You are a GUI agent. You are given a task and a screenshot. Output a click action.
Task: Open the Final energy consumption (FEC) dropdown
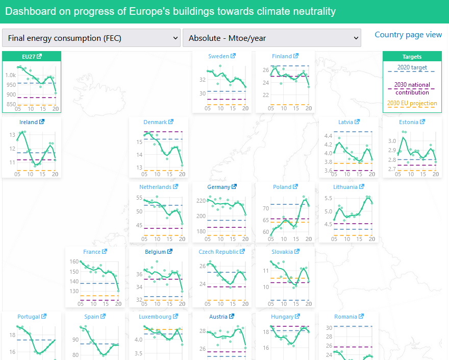click(x=91, y=38)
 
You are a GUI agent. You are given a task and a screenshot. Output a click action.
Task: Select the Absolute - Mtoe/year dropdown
click(x=271, y=38)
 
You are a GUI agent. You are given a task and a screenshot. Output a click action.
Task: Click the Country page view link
click(x=408, y=35)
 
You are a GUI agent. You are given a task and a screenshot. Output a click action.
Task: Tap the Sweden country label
click(x=218, y=56)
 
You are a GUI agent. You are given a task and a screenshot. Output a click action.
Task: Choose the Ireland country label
click(x=29, y=122)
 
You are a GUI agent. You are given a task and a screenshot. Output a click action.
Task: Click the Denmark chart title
click(x=155, y=122)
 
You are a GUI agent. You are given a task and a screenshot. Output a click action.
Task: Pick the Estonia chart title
click(x=409, y=122)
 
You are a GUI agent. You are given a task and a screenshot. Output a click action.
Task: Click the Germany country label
click(x=218, y=187)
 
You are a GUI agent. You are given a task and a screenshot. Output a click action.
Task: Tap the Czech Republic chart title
click(x=218, y=252)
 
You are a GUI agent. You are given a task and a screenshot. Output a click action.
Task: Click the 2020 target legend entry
click(x=412, y=67)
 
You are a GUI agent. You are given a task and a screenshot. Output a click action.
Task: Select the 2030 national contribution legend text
click(x=412, y=88)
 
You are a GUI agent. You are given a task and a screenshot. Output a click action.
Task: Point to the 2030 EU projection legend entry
click(x=412, y=103)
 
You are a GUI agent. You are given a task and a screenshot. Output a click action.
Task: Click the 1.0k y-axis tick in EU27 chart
click(x=10, y=75)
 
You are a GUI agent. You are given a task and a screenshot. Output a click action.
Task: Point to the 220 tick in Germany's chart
click(x=201, y=201)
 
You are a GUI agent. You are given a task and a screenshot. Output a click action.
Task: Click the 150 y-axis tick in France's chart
click(x=73, y=272)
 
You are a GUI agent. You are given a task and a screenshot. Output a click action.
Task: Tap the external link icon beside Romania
click(x=360, y=317)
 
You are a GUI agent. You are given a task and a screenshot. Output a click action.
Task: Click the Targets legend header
click(x=412, y=57)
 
